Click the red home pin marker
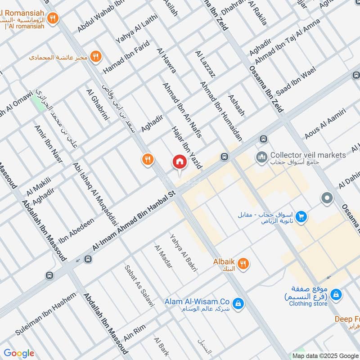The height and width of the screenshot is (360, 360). (179, 162)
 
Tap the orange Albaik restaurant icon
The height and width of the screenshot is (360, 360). (243, 264)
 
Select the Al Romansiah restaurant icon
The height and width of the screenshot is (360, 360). (53, 18)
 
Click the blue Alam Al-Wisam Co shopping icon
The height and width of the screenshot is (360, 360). (238, 304)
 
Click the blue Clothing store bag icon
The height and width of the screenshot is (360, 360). (335, 295)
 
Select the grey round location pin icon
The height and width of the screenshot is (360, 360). (327, 198)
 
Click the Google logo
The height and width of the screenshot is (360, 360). (19, 353)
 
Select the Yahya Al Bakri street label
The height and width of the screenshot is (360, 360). (183, 252)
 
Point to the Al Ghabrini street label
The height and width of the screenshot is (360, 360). (98, 105)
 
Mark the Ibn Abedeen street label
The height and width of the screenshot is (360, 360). (76, 230)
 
